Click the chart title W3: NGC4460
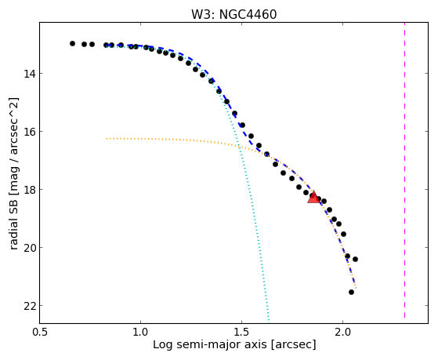coord(233,15)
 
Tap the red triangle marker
coord(313,197)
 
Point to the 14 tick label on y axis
coord(30,74)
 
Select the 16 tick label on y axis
coord(30,132)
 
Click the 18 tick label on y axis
coord(30,190)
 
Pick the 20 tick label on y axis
coord(30,248)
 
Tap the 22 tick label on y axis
coord(30,306)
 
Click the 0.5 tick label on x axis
coord(39,332)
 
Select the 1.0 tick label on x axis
coord(140,332)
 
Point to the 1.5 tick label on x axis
coord(241,332)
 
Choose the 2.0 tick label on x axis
coord(342,332)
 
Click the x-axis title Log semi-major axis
coord(209,344)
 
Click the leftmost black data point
coord(72,43)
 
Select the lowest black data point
coord(351,292)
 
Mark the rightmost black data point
coord(355,260)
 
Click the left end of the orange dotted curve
coord(107,139)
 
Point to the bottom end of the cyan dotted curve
coord(269,321)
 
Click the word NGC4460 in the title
coord(248,15)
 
